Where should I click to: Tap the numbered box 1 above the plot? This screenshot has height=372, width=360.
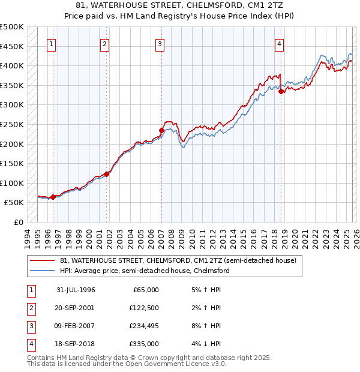pos(52,43)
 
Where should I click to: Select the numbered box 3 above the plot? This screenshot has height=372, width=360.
pos(160,43)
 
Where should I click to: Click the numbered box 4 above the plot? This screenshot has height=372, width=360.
pos(280,43)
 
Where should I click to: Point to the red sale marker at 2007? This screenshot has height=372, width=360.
pos(161,130)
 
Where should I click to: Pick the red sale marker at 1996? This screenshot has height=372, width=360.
pos(53,197)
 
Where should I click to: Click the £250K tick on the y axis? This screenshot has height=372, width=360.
pos(12,124)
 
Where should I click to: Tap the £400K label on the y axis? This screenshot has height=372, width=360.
pos(12,65)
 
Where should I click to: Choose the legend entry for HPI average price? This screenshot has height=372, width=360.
pos(144,271)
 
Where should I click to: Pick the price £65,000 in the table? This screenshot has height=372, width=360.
pos(145,289)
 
